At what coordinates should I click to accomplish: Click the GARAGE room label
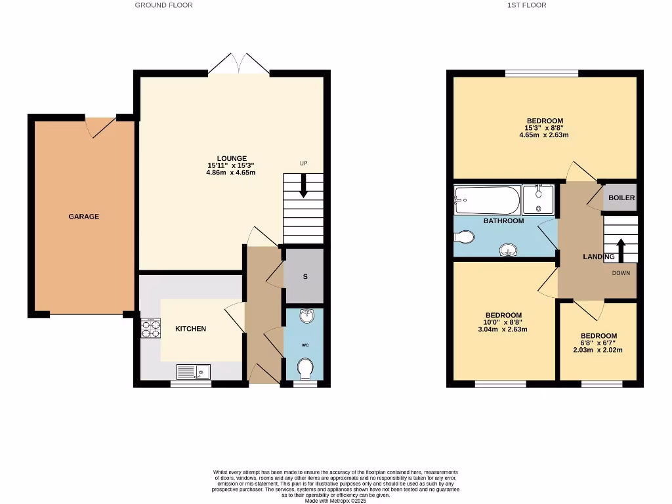coord(84,217)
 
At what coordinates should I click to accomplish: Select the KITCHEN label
coord(190,329)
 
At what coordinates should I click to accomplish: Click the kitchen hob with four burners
coord(151,328)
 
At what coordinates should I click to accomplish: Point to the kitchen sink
coord(194,372)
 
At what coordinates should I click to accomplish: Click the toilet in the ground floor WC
coord(304,368)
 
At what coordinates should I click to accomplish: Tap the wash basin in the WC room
coord(305,318)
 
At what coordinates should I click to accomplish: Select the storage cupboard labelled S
coord(304,276)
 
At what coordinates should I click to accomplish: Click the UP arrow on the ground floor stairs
coord(303,185)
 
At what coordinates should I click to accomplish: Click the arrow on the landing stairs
coord(620,251)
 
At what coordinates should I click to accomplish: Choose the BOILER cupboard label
coord(621,198)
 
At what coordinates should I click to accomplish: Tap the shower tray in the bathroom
coord(539,199)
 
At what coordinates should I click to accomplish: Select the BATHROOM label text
coord(504,221)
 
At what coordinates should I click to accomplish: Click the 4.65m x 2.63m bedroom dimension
coord(545,136)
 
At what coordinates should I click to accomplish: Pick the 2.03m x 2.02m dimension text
coord(598,350)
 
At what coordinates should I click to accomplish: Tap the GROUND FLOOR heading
coord(163,5)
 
